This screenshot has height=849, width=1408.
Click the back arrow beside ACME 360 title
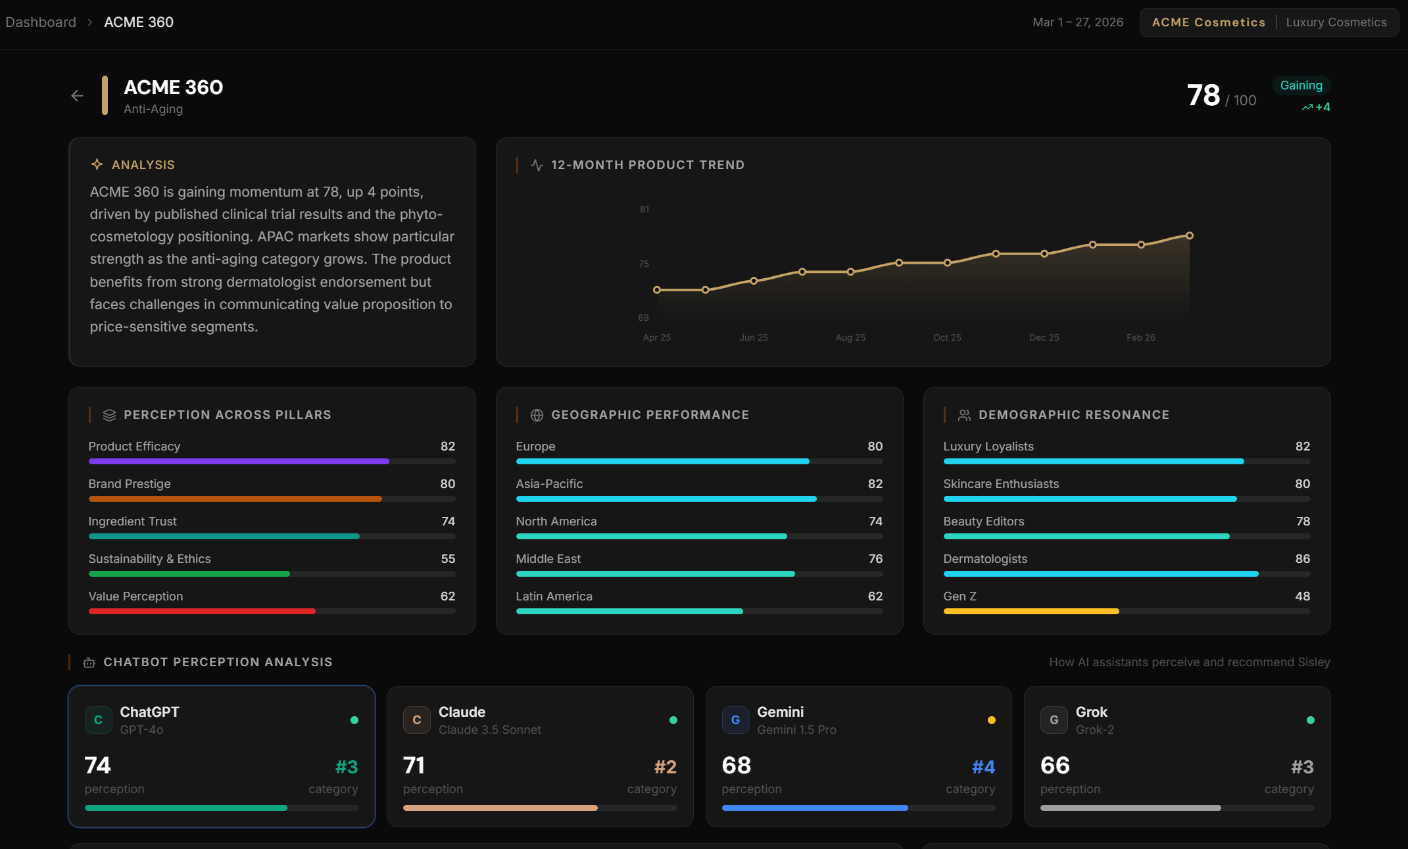(77, 96)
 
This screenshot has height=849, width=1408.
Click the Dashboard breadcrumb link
(41, 22)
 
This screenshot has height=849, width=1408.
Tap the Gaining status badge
(1300, 85)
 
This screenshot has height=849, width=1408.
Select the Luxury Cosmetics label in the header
(1336, 22)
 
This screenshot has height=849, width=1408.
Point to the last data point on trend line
(1189, 235)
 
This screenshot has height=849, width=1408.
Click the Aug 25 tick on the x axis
(850, 337)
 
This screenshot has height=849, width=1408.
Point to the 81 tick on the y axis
(644, 209)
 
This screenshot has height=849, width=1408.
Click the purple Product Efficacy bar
(238, 462)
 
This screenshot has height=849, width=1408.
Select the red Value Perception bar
(201, 612)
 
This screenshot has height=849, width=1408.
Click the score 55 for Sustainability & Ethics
(447, 559)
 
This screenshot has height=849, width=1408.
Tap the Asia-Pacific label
(548, 484)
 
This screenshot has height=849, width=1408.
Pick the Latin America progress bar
(629, 612)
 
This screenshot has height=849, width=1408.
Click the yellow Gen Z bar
(1031, 612)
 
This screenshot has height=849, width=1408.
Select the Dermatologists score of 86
(1302, 559)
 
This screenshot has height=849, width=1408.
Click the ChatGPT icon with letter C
(98, 720)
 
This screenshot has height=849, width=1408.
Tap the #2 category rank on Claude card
(665, 767)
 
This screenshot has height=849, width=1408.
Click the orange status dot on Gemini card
(991, 720)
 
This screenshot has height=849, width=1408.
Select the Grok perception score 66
(1054, 765)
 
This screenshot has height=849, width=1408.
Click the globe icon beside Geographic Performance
(537, 415)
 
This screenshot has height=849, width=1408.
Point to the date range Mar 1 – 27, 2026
(1077, 22)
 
